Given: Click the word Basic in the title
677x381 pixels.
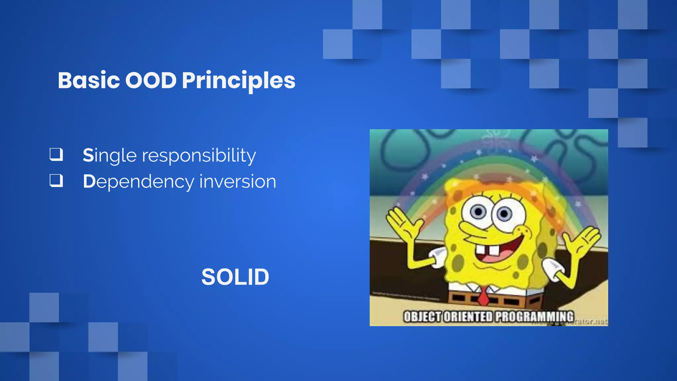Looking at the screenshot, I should click(89, 80).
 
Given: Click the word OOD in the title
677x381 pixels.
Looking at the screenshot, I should click(151, 80).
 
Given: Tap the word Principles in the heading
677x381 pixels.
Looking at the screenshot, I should click(238, 81).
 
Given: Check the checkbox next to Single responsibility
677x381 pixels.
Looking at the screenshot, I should click(56, 154).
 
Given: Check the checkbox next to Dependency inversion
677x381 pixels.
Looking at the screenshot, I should click(56, 181).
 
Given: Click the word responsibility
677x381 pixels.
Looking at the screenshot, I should click(199, 155).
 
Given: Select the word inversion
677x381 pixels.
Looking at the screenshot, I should click(238, 182).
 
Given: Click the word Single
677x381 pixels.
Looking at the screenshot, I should click(109, 155).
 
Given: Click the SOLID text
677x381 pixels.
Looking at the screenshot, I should click(235, 277).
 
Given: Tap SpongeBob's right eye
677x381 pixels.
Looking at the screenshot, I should click(504, 214).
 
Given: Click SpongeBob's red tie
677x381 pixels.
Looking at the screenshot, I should click(484, 296).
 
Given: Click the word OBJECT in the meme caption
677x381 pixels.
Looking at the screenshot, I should click(422, 317).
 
